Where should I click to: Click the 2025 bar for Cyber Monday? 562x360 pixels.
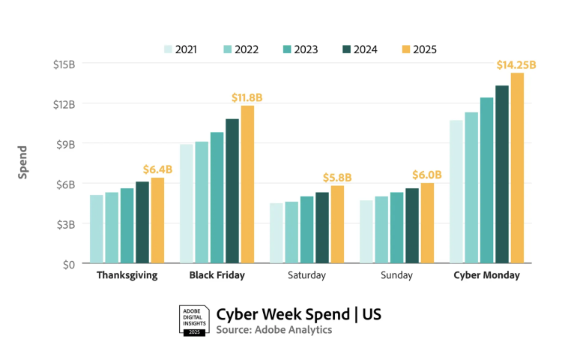(517, 168)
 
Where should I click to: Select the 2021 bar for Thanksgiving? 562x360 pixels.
(97, 229)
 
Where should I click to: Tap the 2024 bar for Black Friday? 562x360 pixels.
(232, 190)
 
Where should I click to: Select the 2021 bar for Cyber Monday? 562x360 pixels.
(456, 191)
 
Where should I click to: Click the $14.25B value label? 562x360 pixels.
(516, 65)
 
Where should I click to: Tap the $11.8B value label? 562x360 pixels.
(247, 97)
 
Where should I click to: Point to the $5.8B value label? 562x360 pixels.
(337, 178)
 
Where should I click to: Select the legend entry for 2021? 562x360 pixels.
(180, 49)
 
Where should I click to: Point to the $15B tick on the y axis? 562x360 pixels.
(64, 64)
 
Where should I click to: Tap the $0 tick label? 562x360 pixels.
(68, 263)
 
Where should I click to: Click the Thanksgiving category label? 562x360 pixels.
(127, 275)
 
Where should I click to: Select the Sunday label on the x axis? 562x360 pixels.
(396, 275)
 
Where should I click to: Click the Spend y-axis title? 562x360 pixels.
(23, 162)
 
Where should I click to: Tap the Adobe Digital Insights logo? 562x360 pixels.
(193, 319)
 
